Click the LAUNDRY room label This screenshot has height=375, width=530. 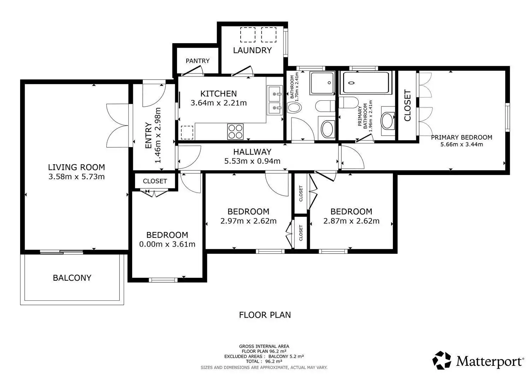click(x=252, y=50)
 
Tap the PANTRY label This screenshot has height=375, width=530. click(x=198, y=61)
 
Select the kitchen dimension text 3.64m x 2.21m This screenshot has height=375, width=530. click(x=219, y=103)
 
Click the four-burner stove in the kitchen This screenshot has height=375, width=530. click(x=235, y=131)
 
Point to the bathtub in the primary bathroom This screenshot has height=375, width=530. click(x=366, y=83)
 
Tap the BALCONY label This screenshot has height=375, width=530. click(x=72, y=278)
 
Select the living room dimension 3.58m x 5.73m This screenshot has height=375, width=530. click(x=76, y=177)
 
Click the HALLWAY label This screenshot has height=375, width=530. click(x=252, y=152)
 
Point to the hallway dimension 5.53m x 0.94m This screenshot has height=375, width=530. click(x=252, y=161)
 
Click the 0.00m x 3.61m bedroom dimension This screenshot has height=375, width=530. click(x=167, y=244)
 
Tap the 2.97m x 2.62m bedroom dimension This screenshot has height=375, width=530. click(x=248, y=221)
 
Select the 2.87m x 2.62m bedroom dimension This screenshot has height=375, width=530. click(x=351, y=221)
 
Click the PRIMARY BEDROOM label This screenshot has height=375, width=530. click(x=461, y=137)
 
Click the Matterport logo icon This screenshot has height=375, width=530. click(x=442, y=360)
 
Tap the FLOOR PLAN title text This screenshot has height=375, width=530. click(x=265, y=315)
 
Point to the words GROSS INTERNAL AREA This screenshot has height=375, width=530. click(x=264, y=346)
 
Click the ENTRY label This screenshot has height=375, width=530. click(x=148, y=135)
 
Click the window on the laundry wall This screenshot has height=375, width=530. click(x=285, y=43)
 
